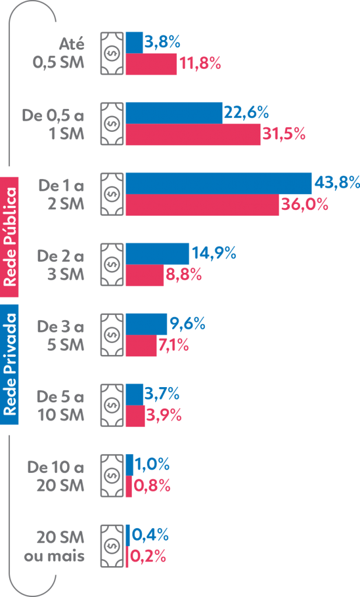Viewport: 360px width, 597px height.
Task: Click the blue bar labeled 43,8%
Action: pos(219,183)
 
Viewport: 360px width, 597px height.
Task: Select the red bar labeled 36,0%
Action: pos(202,205)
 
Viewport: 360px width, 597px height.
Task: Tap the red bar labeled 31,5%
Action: pos(193,134)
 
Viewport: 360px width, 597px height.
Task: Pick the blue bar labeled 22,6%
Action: pos(174,113)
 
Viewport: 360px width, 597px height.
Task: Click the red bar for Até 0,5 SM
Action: pos(152,64)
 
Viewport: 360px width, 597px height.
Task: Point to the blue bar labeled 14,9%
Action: pos(158,254)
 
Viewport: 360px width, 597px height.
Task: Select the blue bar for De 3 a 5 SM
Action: pos(146,324)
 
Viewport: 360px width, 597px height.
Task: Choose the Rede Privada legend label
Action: pos(10,365)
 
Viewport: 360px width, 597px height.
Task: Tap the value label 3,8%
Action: pos(162,42)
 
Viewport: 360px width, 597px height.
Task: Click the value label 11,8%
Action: pos(200,64)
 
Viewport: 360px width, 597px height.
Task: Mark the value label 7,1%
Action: pos(173,345)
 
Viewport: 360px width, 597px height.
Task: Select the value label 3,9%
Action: pos(164,416)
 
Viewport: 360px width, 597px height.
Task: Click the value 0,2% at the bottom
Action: pos(148,557)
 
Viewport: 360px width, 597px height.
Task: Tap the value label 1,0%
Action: pos(152,465)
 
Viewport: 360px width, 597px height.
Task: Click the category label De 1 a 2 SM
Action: pos(61,194)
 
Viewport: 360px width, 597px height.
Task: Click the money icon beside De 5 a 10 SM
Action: pos(112,405)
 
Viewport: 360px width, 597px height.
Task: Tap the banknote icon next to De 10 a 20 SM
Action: pos(112,475)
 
